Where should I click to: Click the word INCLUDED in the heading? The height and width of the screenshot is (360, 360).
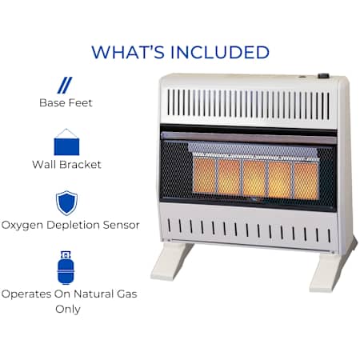pyautogui.click(x=220, y=52)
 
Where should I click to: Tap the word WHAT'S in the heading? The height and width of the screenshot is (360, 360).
pyautogui.click(x=128, y=52)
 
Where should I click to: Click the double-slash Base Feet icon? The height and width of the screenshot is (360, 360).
pyautogui.click(x=65, y=86)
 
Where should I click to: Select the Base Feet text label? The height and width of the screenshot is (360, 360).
pyautogui.click(x=66, y=102)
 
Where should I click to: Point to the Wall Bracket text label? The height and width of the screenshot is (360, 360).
pyautogui.click(x=66, y=164)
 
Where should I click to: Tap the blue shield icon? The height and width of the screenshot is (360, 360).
pyautogui.click(x=66, y=203)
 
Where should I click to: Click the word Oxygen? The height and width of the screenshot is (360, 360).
pyautogui.click(x=22, y=226)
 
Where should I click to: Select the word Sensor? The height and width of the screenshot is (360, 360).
pyautogui.click(x=121, y=225)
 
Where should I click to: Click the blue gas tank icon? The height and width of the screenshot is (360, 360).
pyautogui.click(x=66, y=268)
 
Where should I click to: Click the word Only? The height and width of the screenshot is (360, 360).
pyautogui.click(x=68, y=310)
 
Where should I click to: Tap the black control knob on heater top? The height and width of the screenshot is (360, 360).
pyautogui.click(x=323, y=76)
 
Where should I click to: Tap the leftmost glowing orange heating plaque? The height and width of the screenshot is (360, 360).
pyautogui.click(x=205, y=175)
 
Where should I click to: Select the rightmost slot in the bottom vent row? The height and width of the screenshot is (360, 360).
pyautogui.click(x=329, y=236)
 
